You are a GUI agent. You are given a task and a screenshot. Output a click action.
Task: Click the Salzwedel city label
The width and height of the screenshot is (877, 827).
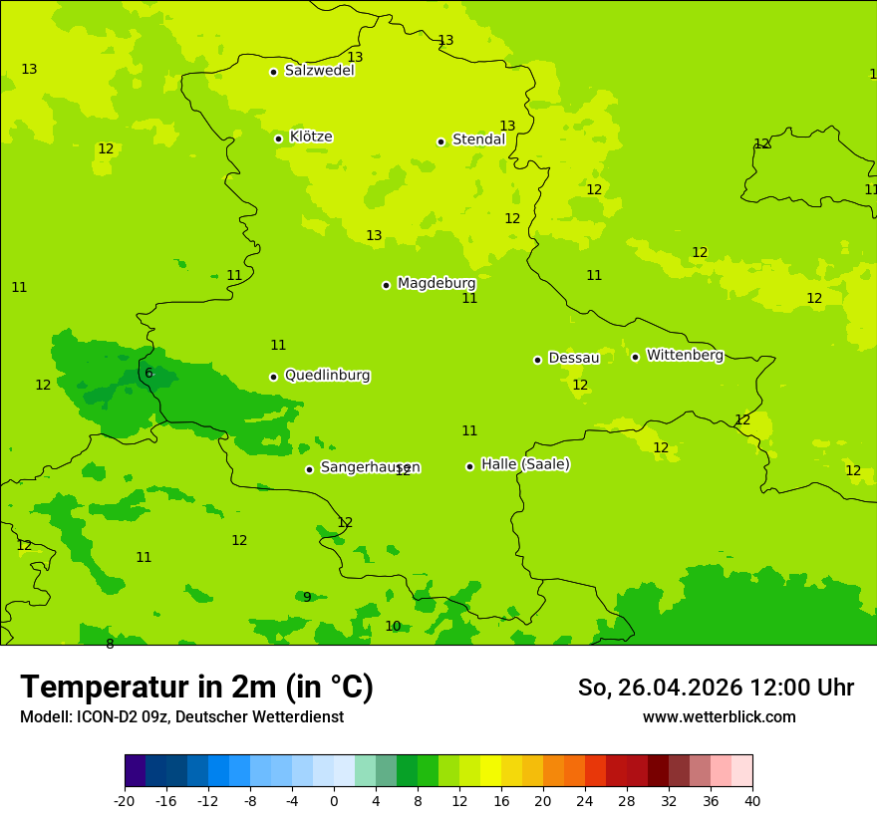coord(319,71)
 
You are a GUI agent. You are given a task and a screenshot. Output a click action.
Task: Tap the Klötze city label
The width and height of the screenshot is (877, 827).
coord(311,138)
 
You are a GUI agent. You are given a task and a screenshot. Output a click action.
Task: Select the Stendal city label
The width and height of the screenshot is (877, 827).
coord(478,140)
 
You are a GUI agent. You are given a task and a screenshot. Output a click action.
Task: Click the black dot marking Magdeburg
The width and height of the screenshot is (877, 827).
coord(386,285)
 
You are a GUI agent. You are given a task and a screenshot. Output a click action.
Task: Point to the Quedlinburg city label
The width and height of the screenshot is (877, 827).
coord(327,376)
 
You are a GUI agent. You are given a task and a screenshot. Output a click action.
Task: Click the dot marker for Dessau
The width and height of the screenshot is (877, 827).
coord(537,360)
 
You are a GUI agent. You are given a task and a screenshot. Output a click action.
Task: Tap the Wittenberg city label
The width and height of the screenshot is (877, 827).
coord(685,356)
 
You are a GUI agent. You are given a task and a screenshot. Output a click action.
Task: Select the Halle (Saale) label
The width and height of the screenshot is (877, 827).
coord(525,464)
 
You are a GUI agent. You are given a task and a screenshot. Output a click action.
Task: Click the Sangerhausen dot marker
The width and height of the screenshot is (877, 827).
coord(309,469)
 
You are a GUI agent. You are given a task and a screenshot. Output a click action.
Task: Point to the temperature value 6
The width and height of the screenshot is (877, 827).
coord(148,374)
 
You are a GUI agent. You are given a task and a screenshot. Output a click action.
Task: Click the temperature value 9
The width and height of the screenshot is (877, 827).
coord(307,598)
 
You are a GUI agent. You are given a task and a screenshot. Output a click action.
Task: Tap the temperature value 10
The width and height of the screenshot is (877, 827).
coord(393,627)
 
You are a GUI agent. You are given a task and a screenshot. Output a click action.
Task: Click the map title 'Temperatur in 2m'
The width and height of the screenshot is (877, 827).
coord(196,688)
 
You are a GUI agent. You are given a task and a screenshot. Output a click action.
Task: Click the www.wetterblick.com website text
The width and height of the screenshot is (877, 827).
coord(719,717)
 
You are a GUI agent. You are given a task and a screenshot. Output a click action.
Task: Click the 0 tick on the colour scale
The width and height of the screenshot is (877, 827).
coord(334,800)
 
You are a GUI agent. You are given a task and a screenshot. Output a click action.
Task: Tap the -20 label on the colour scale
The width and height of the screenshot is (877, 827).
coord(125,800)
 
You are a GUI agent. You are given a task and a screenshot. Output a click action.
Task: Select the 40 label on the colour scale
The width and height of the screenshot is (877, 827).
coord(751,800)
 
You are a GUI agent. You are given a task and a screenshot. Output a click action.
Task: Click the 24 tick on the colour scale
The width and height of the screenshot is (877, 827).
coord(584,800)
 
